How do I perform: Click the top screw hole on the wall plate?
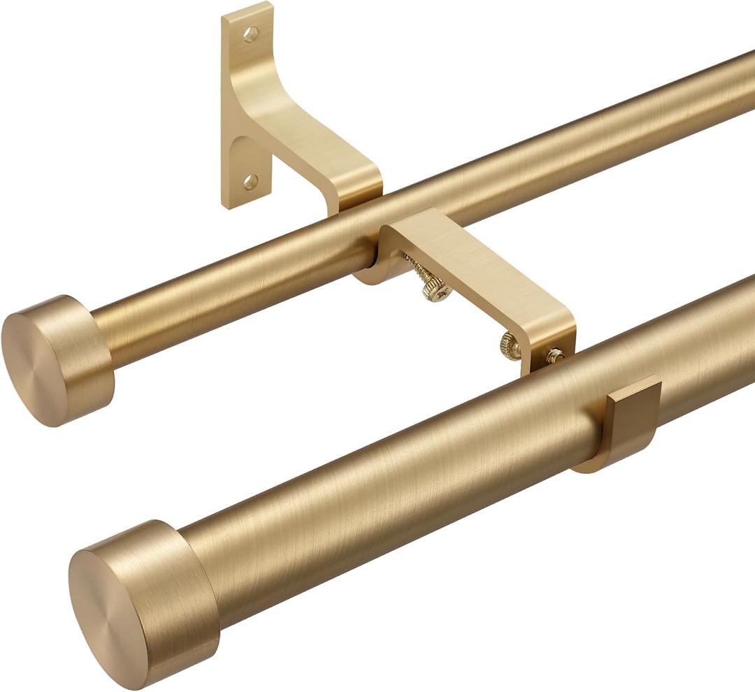250,34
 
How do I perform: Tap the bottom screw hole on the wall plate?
250,182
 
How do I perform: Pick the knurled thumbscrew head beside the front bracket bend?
510,346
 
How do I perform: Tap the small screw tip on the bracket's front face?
556,355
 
